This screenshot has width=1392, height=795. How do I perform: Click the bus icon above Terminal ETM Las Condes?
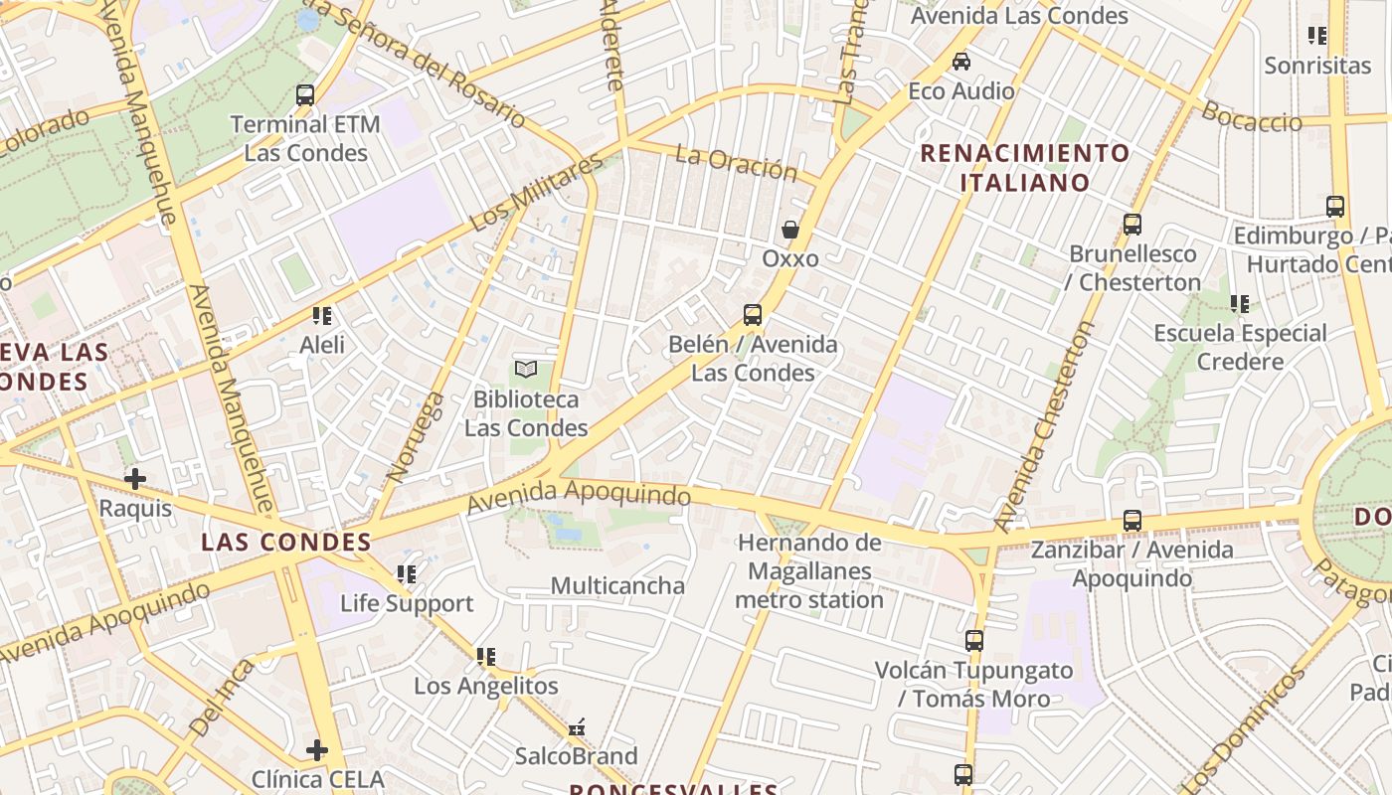[305, 95]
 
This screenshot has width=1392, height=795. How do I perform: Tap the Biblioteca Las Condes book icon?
[526, 370]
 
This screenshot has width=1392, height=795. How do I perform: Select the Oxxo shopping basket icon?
[790, 230]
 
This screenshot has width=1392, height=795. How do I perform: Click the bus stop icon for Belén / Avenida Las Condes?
[753, 315]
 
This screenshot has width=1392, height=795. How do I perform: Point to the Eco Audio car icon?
[961, 62]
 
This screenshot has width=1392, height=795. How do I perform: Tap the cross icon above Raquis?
[135, 479]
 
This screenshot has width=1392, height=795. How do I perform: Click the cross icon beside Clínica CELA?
[317, 749]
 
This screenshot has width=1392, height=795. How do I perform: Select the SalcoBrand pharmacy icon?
[577, 728]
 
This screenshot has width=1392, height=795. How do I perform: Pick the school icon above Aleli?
[322, 316]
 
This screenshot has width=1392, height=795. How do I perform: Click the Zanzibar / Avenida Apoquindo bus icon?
[1131, 521]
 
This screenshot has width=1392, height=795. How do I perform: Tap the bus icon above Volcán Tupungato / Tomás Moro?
[973, 641]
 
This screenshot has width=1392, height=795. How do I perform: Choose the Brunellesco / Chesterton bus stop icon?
[1132, 225]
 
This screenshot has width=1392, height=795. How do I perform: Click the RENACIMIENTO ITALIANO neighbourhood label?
[1025, 168]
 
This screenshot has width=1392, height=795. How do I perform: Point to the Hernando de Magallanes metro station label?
[809, 571]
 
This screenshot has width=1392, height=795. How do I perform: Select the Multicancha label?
[617, 585]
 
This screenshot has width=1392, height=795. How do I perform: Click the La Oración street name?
[736, 163]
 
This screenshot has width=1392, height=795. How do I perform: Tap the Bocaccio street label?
[1252, 116]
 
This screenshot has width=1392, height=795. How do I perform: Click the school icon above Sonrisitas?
[1317, 36]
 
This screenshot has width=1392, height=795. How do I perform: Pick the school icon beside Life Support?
[406, 574]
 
